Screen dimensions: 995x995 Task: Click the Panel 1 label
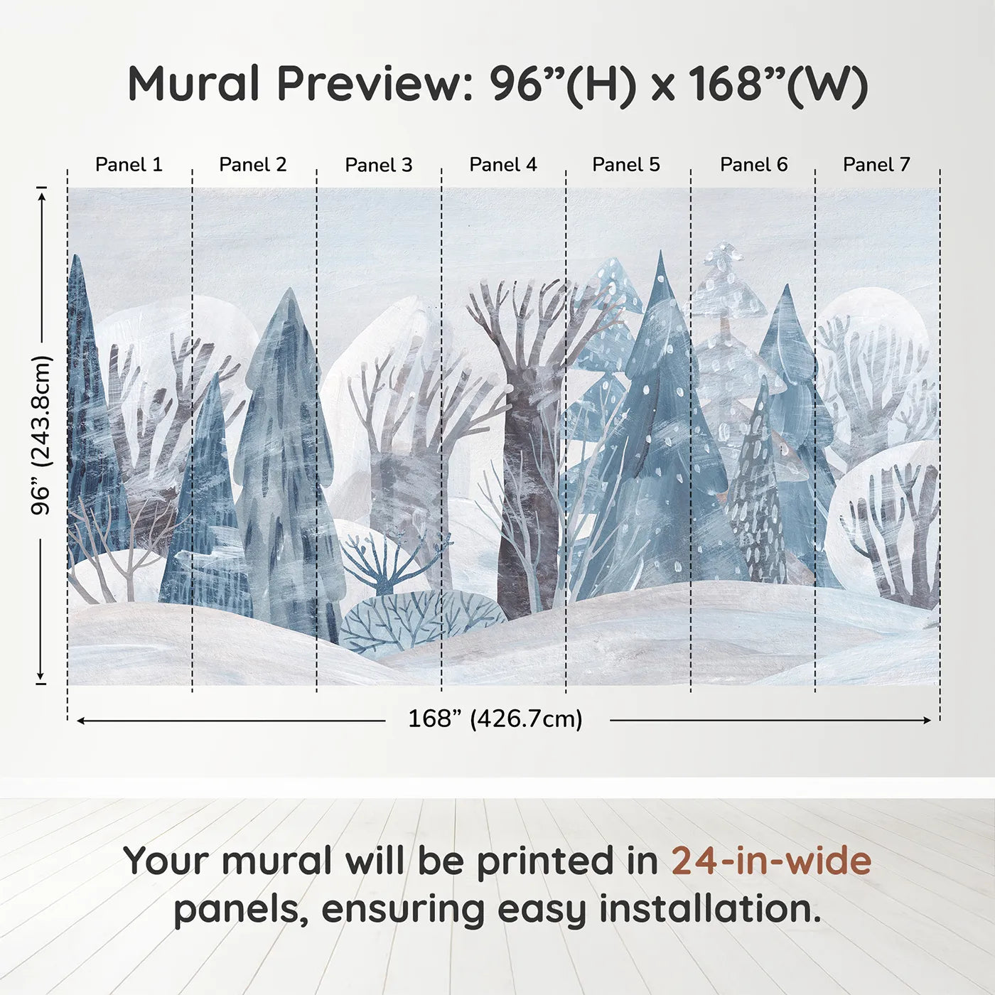pos(129,165)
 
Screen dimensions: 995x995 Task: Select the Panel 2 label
pos(252,165)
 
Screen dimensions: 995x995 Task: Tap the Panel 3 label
pos(379,165)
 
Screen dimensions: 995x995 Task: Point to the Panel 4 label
pos(503,165)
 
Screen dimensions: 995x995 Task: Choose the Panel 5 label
pos(626,165)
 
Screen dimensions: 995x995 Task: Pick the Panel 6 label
pos(754,165)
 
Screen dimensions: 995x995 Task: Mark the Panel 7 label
pos(876,165)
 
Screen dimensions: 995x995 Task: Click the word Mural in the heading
pos(193,84)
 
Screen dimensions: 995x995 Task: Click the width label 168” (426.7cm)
pos(495,719)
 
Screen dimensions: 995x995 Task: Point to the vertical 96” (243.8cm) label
pos(41,435)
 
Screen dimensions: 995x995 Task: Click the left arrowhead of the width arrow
pos(80,720)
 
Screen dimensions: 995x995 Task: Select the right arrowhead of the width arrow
pos(927,720)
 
